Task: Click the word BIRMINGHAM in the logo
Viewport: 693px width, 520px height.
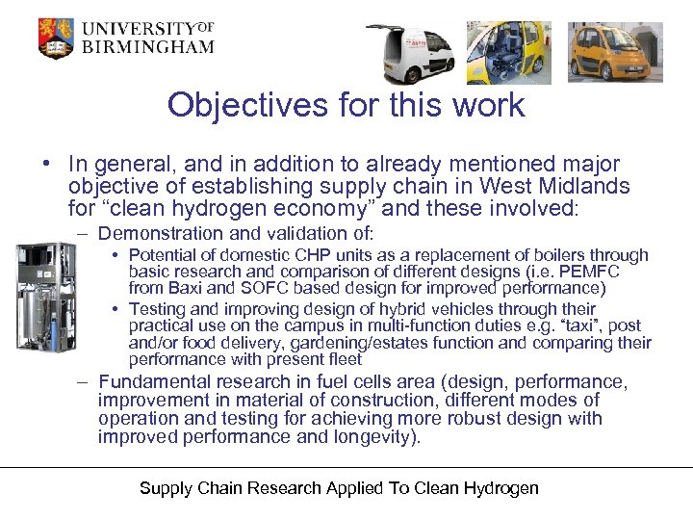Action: (x=147, y=47)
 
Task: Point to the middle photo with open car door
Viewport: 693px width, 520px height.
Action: (x=509, y=52)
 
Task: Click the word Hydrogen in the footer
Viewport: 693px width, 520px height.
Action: (x=503, y=488)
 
